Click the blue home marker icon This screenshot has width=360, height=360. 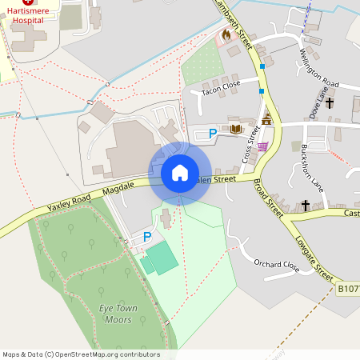click(180, 172)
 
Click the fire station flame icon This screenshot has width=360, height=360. click(226, 34)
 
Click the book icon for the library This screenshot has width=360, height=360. click(235, 128)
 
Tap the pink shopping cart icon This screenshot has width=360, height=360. click(262, 146)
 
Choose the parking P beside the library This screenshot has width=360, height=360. click(212, 134)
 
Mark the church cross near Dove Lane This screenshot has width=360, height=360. click(330, 103)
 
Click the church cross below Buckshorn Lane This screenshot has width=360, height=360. click(305, 206)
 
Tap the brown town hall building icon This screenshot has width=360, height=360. click(266, 120)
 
